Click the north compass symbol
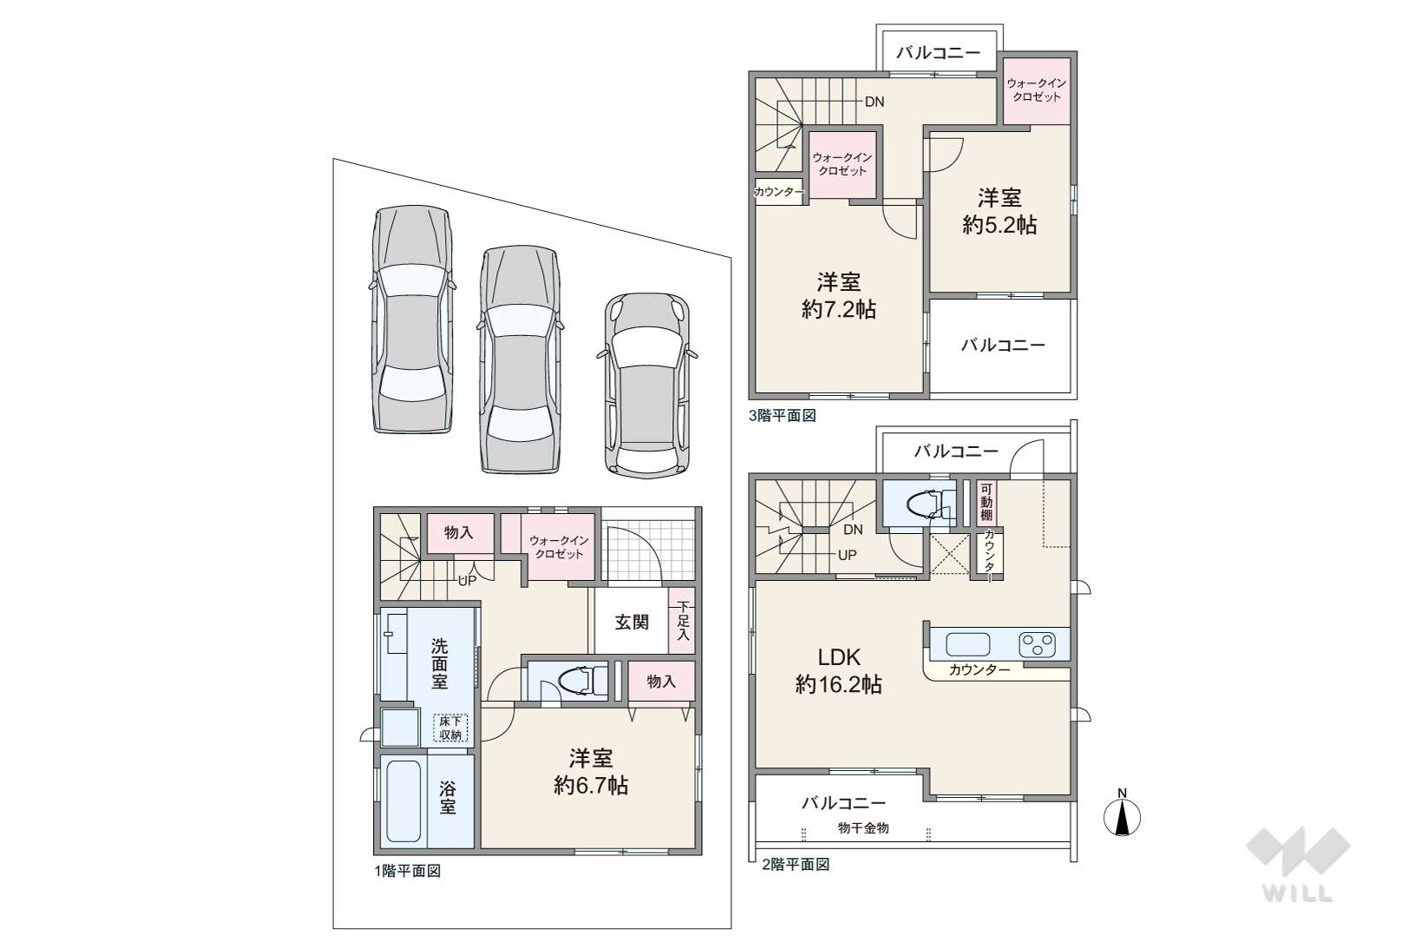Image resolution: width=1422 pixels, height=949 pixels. pos(1123,814)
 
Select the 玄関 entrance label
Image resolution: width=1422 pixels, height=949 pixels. pos(632,623)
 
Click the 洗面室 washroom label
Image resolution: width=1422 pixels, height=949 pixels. pos(439,664)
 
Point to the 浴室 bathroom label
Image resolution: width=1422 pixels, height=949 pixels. pos(448,799)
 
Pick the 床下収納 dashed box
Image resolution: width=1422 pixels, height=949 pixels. pos(451,728)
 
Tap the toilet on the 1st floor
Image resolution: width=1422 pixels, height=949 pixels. pos(576,681)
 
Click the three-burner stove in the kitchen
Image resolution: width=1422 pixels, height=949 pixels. pos(1038,645)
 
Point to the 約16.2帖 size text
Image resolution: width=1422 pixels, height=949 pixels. pos(839,685)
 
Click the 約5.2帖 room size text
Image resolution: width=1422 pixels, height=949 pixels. pos(999,225)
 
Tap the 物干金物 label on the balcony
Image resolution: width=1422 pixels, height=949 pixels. pos(862,827)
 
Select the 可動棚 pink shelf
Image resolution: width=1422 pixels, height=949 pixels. pos(986,503)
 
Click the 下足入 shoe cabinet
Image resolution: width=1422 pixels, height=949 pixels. pos(683,621)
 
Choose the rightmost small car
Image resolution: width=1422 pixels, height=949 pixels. pos(647,386)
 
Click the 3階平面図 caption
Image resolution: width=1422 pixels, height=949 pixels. pos(783,416)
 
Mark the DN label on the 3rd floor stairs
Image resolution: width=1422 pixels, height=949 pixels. pos(875,102)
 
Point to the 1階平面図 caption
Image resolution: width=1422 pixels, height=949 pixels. pos(408,871)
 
